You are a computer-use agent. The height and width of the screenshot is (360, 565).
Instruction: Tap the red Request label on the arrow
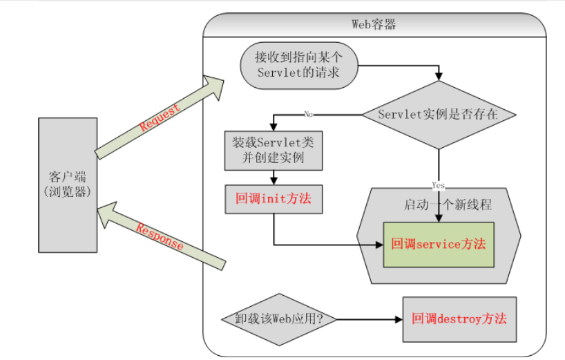[160, 117]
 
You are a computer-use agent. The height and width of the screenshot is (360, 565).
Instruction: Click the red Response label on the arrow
[160, 237]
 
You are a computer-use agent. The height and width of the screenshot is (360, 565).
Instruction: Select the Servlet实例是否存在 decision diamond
[438, 115]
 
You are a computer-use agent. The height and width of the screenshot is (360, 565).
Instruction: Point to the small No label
[308, 115]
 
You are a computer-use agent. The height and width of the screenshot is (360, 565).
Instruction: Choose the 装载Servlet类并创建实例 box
[274, 150]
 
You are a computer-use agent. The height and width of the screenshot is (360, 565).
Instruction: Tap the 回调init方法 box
[274, 198]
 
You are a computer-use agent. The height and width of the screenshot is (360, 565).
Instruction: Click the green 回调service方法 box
[439, 244]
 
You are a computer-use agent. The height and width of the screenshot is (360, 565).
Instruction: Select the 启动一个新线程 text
[447, 206]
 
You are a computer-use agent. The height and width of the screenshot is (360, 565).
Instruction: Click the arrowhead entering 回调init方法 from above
[274, 180]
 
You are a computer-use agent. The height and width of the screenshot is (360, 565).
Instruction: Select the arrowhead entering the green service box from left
[379, 244]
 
